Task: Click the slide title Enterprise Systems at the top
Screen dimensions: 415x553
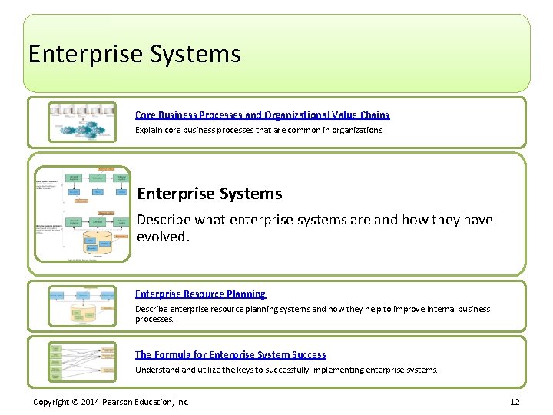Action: pos(134,54)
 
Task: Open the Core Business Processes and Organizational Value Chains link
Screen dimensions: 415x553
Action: pos(262,115)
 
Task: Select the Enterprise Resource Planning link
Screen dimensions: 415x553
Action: pos(200,294)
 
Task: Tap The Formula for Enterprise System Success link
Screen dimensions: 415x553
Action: pos(230,354)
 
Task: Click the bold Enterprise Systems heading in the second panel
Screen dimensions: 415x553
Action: pos(209,194)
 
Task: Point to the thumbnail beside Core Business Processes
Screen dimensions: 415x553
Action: pos(82,122)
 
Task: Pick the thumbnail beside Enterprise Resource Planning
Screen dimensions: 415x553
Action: pos(82,306)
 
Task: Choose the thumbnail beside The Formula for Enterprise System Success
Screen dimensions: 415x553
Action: pos(82,361)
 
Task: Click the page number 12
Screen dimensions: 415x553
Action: pos(515,402)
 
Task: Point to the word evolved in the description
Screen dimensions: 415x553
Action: pos(161,237)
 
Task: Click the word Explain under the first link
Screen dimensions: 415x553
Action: pos(148,130)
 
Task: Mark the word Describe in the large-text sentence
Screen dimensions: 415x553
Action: pos(164,220)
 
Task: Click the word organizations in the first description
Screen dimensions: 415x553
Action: pos(356,130)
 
